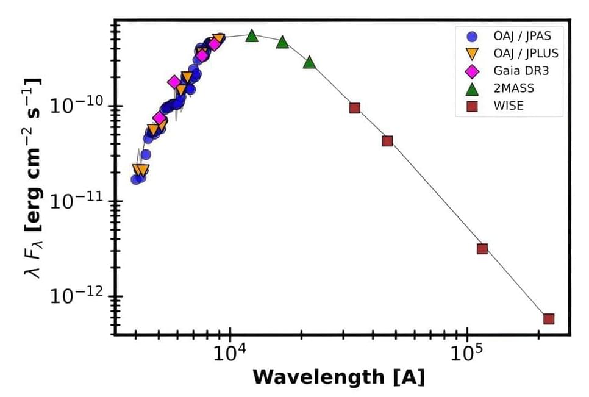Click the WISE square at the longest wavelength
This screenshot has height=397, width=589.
pos(549,319)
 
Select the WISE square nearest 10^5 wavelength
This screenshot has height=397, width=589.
pos(482,249)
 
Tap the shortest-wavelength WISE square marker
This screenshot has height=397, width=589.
pos(354,108)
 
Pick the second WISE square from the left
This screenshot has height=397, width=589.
pos(387,141)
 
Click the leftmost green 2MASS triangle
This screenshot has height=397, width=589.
pos(252,36)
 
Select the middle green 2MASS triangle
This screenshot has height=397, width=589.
pos(282,42)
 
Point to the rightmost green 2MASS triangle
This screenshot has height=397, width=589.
pos(309,62)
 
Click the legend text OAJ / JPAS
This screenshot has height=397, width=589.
pos(523,35)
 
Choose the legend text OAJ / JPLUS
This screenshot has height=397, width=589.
pos(526,53)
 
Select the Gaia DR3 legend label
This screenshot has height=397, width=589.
pos(521,71)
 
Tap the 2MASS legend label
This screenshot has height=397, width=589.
pos(514,88)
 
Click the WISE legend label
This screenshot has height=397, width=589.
pos(509,106)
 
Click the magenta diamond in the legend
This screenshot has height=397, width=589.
pos(471,71)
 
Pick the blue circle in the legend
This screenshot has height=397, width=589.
pos(471,35)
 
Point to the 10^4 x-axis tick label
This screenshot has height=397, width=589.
pos(229,356)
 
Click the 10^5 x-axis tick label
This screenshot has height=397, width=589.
pos(467,356)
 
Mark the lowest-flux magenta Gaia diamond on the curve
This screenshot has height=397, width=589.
pos(159,118)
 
